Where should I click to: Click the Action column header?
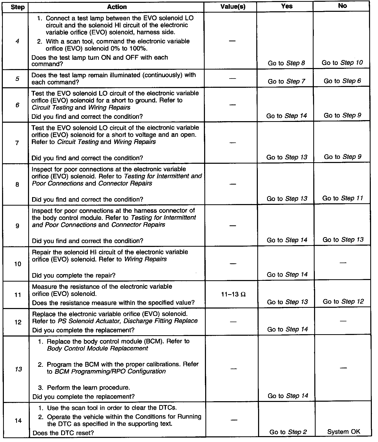[117, 7]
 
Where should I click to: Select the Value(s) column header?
[233, 7]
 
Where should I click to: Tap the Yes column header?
[287, 6]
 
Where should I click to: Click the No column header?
[342, 6]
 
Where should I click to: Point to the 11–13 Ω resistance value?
[233, 295]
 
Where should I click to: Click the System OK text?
[344, 431]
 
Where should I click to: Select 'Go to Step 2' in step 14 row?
[288, 432]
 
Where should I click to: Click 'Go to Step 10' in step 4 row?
[342, 63]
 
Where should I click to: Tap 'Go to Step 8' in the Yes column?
[286, 63]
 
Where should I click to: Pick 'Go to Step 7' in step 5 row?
[286, 81]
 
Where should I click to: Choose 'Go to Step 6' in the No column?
[342, 81]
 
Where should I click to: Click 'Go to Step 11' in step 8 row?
[343, 198]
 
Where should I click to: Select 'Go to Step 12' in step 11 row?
[343, 301]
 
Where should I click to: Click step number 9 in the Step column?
[17, 226]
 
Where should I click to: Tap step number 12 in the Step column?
[18, 322]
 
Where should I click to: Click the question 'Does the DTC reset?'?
[63, 433]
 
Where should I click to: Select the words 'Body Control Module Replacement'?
[98, 348]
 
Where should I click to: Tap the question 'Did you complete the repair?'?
[74, 275]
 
